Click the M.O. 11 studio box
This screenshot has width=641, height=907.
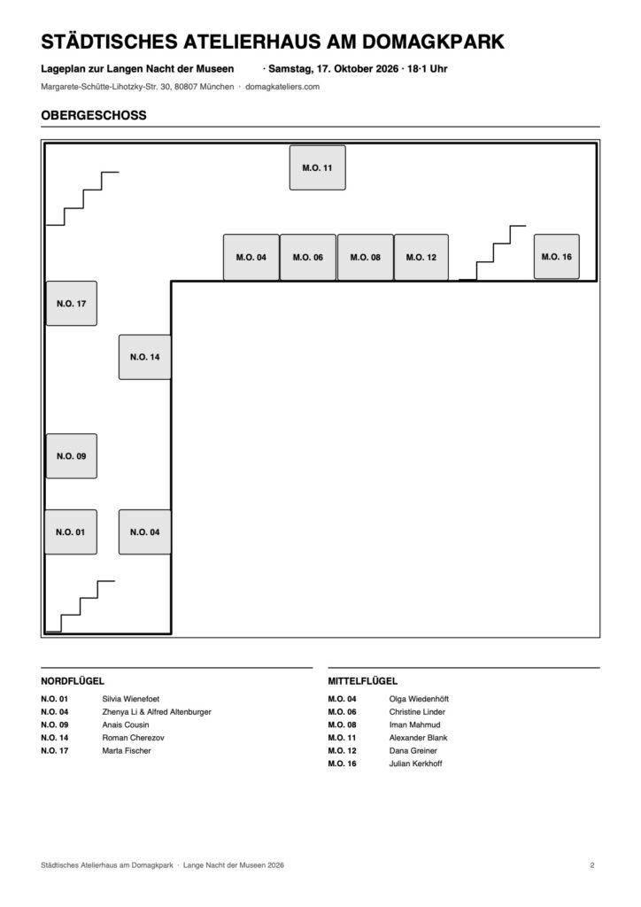[x=317, y=167]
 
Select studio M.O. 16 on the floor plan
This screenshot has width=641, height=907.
[x=557, y=257]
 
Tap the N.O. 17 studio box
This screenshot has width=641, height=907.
[x=72, y=304]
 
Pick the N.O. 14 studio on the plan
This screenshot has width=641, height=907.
[x=144, y=357]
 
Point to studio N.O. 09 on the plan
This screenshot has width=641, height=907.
[x=72, y=456]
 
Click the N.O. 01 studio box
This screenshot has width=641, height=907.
[x=71, y=532]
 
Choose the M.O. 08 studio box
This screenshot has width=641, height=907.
[x=366, y=258]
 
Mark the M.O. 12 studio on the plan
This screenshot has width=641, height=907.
[x=421, y=258]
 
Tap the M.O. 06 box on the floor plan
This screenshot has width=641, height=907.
[x=308, y=258]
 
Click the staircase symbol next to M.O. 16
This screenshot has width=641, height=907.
[x=493, y=252]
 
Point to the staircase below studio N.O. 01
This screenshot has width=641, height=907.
[x=80, y=606]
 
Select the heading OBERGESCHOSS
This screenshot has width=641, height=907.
[x=94, y=115]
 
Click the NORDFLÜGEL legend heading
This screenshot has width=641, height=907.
[x=73, y=681]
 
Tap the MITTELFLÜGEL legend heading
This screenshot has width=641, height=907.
[x=363, y=681]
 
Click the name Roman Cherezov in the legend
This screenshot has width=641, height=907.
[x=133, y=738]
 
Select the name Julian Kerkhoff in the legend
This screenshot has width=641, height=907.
[x=415, y=764]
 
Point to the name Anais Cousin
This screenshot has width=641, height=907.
[x=126, y=725]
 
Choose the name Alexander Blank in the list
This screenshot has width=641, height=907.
[x=419, y=738]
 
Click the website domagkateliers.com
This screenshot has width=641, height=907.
[x=282, y=87]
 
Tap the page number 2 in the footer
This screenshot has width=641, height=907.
[x=592, y=865]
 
